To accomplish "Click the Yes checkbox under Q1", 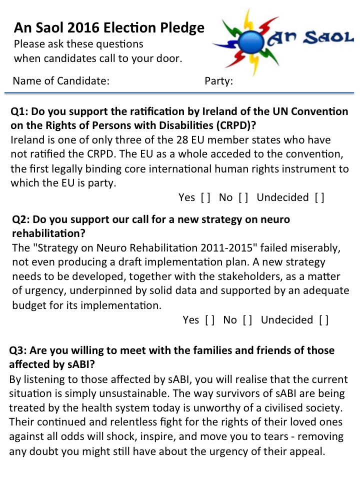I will (x=205, y=197).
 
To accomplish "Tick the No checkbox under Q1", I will (x=243, y=197).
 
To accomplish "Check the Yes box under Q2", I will (x=210, y=320).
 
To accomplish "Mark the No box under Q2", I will (x=247, y=320).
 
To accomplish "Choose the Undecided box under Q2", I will (x=324, y=320).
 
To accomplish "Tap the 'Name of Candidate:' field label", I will (x=61, y=81).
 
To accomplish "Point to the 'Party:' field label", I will (x=219, y=81).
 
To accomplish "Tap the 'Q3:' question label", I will (x=20, y=351).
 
